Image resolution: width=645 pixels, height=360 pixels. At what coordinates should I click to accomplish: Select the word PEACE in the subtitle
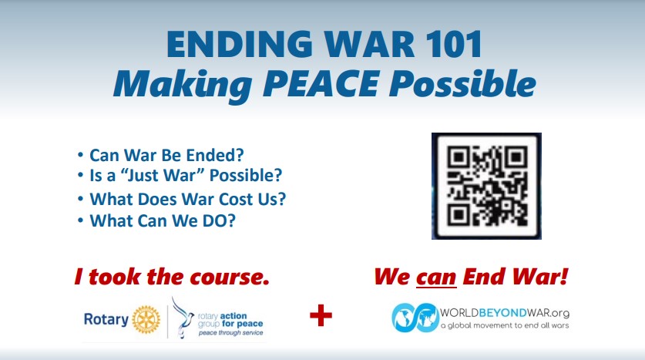(x=320, y=84)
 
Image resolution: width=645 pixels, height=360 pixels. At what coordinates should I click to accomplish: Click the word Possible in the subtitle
(x=462, y=84)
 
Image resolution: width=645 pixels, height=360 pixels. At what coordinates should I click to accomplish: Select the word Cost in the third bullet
(x=236, y=199)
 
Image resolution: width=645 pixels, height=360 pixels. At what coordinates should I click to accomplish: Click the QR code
(x=486, y=186)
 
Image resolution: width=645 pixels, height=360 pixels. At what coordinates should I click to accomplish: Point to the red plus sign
(x=321, y=315)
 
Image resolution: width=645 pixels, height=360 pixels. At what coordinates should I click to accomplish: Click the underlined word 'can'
(x=436, y=277)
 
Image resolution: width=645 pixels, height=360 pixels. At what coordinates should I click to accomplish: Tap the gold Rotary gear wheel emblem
(x=146, y=319)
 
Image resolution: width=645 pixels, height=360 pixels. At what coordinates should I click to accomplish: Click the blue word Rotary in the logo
(x=106, y=319)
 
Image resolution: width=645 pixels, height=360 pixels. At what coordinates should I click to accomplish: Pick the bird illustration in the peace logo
(x=183, y=318)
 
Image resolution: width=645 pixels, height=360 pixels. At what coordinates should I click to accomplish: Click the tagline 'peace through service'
(x=230, y=332)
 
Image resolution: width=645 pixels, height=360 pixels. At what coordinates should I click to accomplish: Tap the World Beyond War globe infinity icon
(x=415, y=318)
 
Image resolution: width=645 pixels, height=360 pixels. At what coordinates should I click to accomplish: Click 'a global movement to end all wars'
(x=505, y=325)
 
